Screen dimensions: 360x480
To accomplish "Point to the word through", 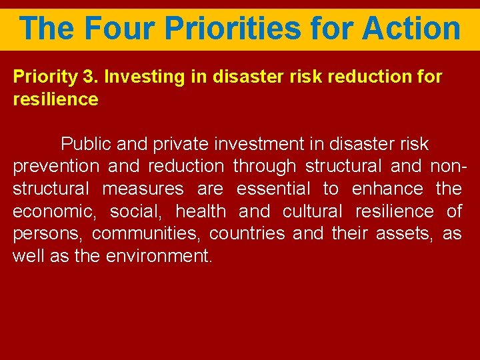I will pos(265,167).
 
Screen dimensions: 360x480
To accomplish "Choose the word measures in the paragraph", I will pos(143,189).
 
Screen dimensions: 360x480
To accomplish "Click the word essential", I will pos(274,189).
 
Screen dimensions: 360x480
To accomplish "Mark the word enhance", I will pos(387,189).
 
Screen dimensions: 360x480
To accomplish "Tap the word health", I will pos(200,212).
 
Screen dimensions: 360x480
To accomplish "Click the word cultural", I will pos(312,212).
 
